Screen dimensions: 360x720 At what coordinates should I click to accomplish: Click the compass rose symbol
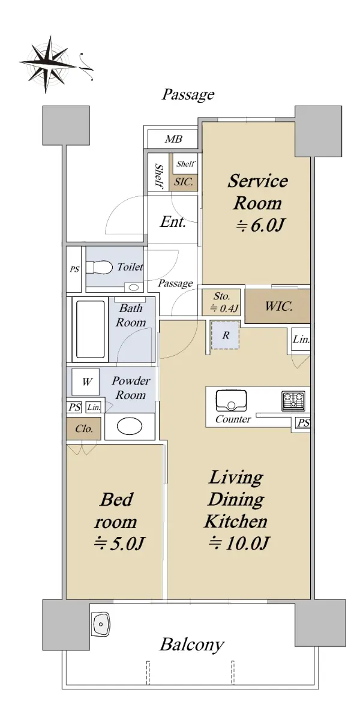pos(48,64)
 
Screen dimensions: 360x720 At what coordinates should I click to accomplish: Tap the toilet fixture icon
pos(100,267)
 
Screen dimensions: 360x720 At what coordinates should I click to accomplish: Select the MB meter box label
pos(173,139)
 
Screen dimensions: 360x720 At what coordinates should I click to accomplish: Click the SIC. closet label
pos(184,182)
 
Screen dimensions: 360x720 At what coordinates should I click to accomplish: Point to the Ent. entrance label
pos(173,222)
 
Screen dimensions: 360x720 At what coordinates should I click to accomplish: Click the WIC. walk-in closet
pos(278,306)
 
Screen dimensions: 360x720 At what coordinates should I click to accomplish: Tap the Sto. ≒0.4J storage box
pos(221,302)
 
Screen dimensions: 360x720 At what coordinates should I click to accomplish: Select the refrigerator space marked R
pos(226,335)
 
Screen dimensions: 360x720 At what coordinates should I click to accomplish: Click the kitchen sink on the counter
pos(232,401)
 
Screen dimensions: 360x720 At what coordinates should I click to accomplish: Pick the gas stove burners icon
pos(293,401)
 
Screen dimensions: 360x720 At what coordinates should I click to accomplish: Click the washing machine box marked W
pos(85,382)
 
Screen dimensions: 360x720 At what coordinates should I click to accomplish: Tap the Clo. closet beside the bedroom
pos(84,428)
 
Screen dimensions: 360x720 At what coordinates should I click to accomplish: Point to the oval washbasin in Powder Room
pos(130,426)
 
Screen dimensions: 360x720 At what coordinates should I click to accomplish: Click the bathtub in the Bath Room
pos(91,329)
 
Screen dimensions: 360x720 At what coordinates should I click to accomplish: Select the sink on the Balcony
pos(101,624)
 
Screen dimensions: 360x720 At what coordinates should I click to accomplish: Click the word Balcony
pos(191,644)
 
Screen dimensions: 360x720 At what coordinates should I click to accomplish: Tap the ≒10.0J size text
pos(238,543)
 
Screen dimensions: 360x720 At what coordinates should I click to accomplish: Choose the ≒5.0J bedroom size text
pos(119,543)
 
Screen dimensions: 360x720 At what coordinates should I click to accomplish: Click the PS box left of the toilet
pos(74,269)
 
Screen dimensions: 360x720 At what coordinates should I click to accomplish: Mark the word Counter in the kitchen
pos(233,419)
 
